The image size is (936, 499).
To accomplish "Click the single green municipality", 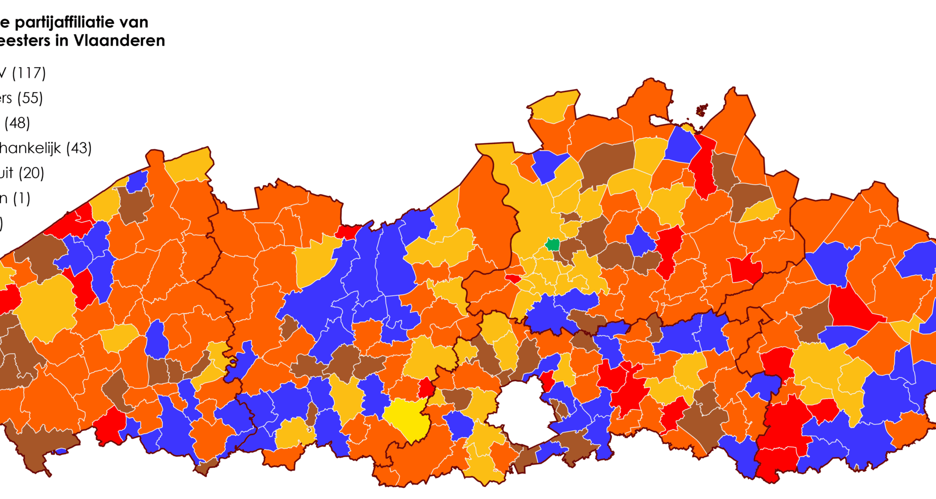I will click(x=552, y=244).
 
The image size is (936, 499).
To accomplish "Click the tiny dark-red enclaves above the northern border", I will click(x=702, y=110).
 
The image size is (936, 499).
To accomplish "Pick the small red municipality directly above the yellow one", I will click(x=426, y=388).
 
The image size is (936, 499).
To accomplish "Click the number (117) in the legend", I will click(x=29, y=73).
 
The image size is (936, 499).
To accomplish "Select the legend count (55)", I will click(x=30, y=98).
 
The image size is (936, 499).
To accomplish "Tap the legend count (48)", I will click(x=17, y=123).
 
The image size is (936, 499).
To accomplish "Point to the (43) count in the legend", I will click(x=78, y=148).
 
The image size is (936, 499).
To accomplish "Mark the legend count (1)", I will click(x=21, y=198).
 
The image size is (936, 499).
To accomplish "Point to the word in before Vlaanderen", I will click(x=61, y=40).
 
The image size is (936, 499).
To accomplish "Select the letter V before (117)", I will click(x=3, y=73).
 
